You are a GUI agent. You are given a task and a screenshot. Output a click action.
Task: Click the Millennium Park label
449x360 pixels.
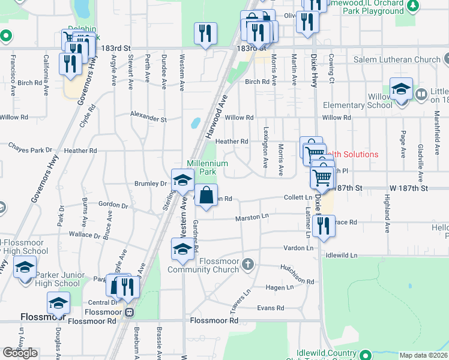click(x=208, y=167)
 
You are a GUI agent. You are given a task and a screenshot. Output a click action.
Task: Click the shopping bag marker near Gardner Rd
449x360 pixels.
click(x=206, y=196)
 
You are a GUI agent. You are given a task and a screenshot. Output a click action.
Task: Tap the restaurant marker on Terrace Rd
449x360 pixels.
click(x=324, y=227)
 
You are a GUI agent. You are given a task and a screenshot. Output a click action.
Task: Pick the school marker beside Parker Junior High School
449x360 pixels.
click(x=25, y=267)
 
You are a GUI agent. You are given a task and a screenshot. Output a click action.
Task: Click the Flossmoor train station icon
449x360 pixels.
click(x=129, y=312)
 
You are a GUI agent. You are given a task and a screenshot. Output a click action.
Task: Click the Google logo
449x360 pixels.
click(x=20, y=353)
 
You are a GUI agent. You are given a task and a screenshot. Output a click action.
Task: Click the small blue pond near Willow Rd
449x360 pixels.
click(x=195, y=123)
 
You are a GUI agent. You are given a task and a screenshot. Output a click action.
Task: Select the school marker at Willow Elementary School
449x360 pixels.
click(x=401, y=91)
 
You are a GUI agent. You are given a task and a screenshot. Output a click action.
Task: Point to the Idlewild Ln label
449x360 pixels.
click(x=340, y=255)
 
